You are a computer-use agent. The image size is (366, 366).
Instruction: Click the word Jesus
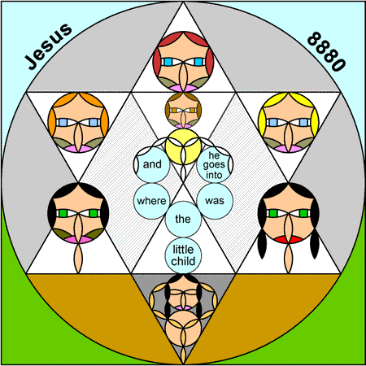click(49, 46)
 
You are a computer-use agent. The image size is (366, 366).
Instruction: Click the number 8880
click(326, 51)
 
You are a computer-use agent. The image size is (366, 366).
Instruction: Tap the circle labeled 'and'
click(151, 164)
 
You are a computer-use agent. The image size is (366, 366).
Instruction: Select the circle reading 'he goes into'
click(215, 164)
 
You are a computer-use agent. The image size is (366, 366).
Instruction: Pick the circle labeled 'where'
click(151, 201)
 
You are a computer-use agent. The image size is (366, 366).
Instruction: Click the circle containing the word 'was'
click(215, 201)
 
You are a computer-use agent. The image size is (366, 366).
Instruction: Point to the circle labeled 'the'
click(183, 219)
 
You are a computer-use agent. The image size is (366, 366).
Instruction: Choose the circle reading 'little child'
click(183, 255)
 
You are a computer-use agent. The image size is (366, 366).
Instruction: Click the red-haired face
click(183, 62)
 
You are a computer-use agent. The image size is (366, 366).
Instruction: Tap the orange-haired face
click(78, 122)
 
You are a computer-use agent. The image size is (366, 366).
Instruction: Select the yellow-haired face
click(288, 122)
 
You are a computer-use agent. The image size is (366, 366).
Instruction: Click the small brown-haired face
click(183, 111)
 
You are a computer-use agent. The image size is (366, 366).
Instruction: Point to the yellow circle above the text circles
click(183, 146)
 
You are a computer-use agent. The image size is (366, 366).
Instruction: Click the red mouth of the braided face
click(288, 240)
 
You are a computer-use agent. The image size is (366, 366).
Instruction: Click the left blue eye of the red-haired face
click(168, 62)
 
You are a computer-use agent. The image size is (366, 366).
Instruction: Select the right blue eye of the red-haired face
click(198, 62)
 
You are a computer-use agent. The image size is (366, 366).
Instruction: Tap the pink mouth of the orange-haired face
click(78, 149)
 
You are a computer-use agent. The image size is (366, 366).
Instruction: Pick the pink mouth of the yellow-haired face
click(288, 149)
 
